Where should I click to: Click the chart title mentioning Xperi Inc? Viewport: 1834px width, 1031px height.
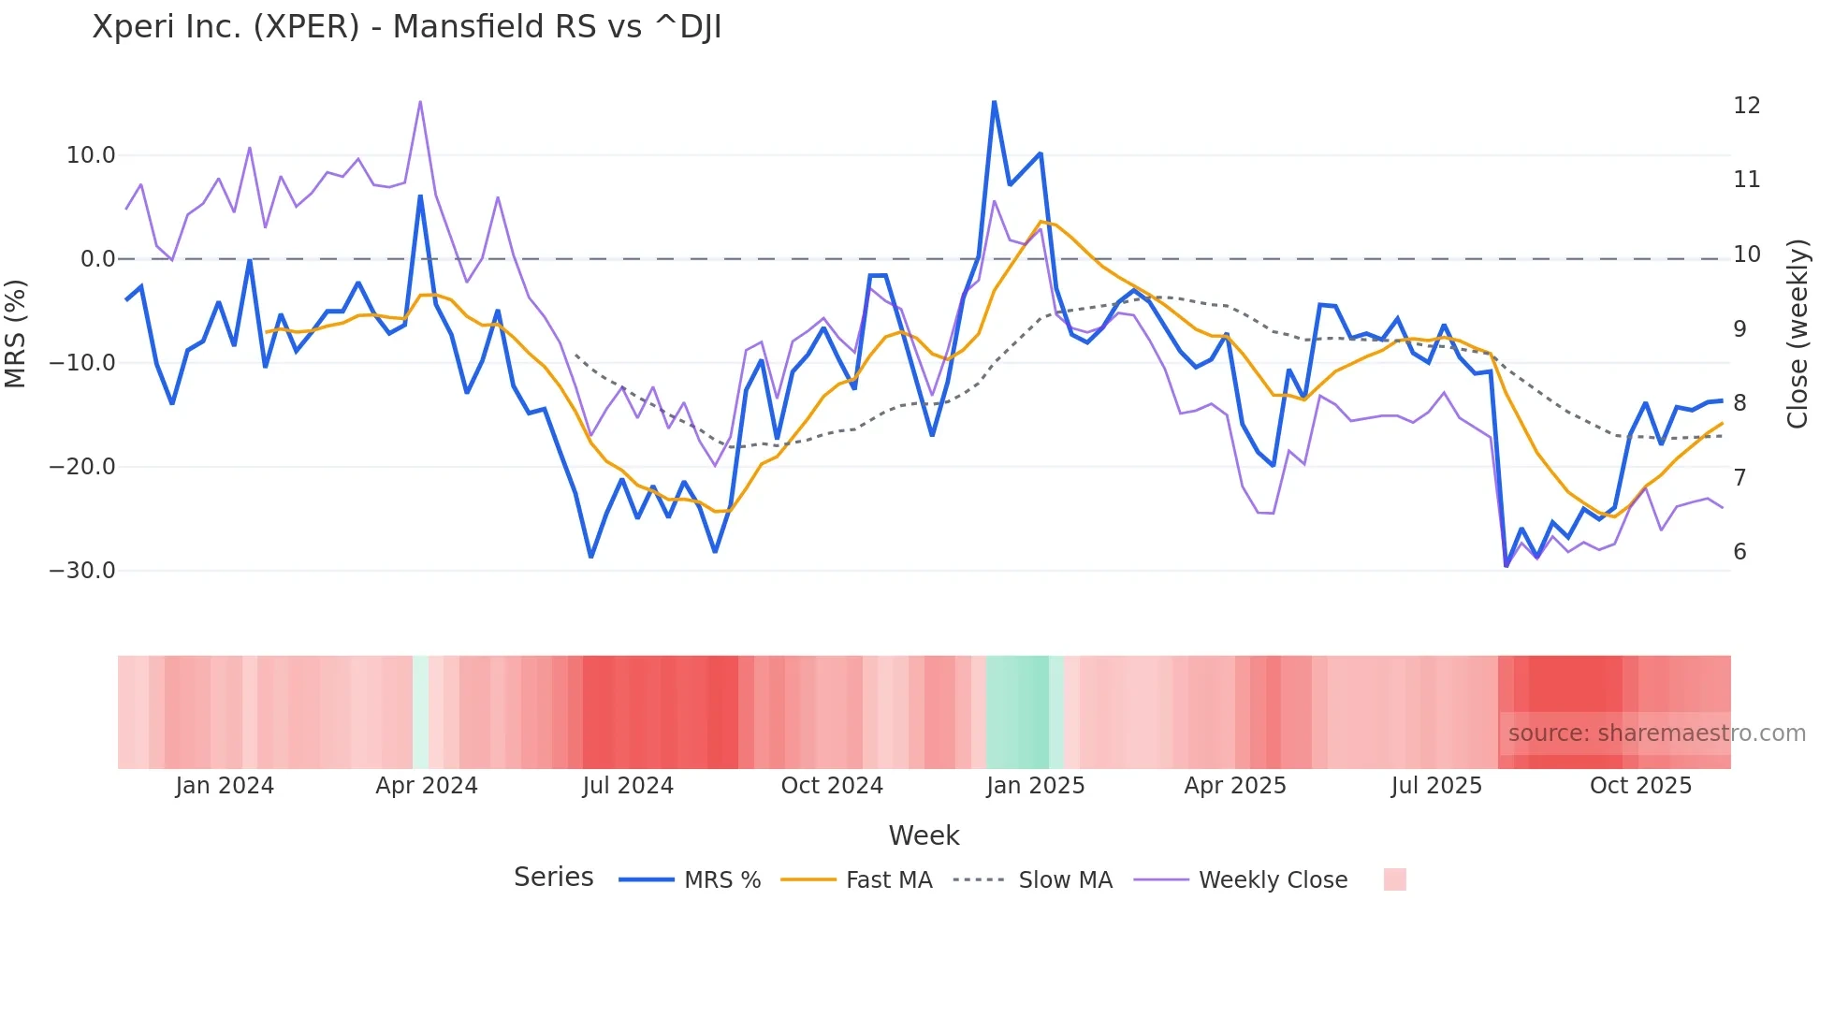(407, 27)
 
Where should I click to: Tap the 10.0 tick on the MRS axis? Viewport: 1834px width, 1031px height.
(91, 155)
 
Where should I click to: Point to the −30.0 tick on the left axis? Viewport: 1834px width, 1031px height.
(82, 571)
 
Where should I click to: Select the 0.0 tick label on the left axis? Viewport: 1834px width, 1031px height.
(98, 259)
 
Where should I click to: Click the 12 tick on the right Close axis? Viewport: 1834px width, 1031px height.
(1746, 106)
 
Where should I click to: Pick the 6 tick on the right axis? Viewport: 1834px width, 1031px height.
(1739, 552)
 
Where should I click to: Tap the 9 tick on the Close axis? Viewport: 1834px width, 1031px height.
(1739, 329)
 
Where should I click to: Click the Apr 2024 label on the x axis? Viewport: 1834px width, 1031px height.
(427, 786)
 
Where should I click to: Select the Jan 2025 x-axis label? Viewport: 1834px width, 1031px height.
(1035, 786)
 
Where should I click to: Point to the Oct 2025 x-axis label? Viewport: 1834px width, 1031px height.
(1640, 786)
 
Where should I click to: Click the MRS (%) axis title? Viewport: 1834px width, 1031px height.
(16, 334)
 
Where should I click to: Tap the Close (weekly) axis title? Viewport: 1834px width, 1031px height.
(1798, 334)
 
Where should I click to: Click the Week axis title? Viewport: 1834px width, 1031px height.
(924, 835)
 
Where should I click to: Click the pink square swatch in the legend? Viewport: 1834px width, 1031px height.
(1394, 879)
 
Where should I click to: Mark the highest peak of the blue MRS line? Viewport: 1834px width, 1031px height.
(994, 102)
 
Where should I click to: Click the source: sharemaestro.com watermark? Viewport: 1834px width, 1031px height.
(1656, 733)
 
